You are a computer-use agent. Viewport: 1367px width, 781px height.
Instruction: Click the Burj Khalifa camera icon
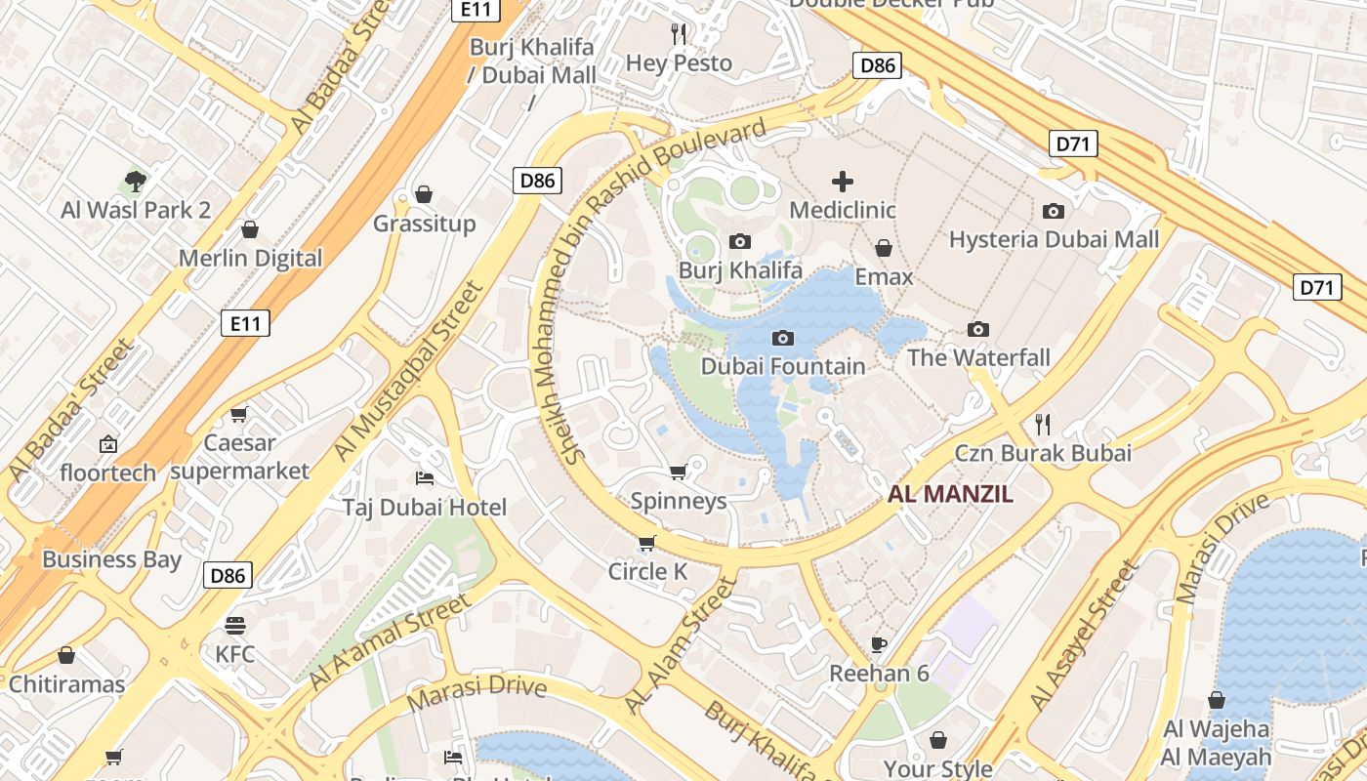point(740,241)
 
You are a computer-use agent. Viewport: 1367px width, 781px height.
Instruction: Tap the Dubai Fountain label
point(783,366)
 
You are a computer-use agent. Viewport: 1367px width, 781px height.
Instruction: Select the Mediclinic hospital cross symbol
point(842,181)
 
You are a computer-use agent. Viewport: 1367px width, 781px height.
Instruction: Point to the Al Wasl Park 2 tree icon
point(136,181)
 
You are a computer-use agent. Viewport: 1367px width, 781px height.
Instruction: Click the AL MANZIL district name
point(950,494)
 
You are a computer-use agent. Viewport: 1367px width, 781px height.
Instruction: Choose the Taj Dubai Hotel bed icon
point(425,477)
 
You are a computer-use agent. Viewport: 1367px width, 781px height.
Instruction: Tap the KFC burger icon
point(234,625)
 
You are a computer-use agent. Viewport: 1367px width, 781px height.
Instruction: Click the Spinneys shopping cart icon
point(678,472)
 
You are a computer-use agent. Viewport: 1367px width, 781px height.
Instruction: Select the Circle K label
point(647,571)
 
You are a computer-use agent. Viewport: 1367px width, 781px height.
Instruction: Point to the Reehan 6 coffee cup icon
point(879,643)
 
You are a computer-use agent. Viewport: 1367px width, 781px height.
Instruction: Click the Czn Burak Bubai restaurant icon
point(1043,424)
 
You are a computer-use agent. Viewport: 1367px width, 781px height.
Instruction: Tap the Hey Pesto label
point(679,63)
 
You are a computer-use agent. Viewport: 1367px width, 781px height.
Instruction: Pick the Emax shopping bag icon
point(884,248)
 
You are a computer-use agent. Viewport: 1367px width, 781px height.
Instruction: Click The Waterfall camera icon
point(977,329)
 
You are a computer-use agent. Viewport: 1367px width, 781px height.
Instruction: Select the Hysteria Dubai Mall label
point(1054,239)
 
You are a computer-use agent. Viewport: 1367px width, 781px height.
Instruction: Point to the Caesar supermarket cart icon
point(239,414)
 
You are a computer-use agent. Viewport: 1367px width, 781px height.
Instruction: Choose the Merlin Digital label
point(250,259)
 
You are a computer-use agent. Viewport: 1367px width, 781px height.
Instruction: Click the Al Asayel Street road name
point(1085,635)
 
